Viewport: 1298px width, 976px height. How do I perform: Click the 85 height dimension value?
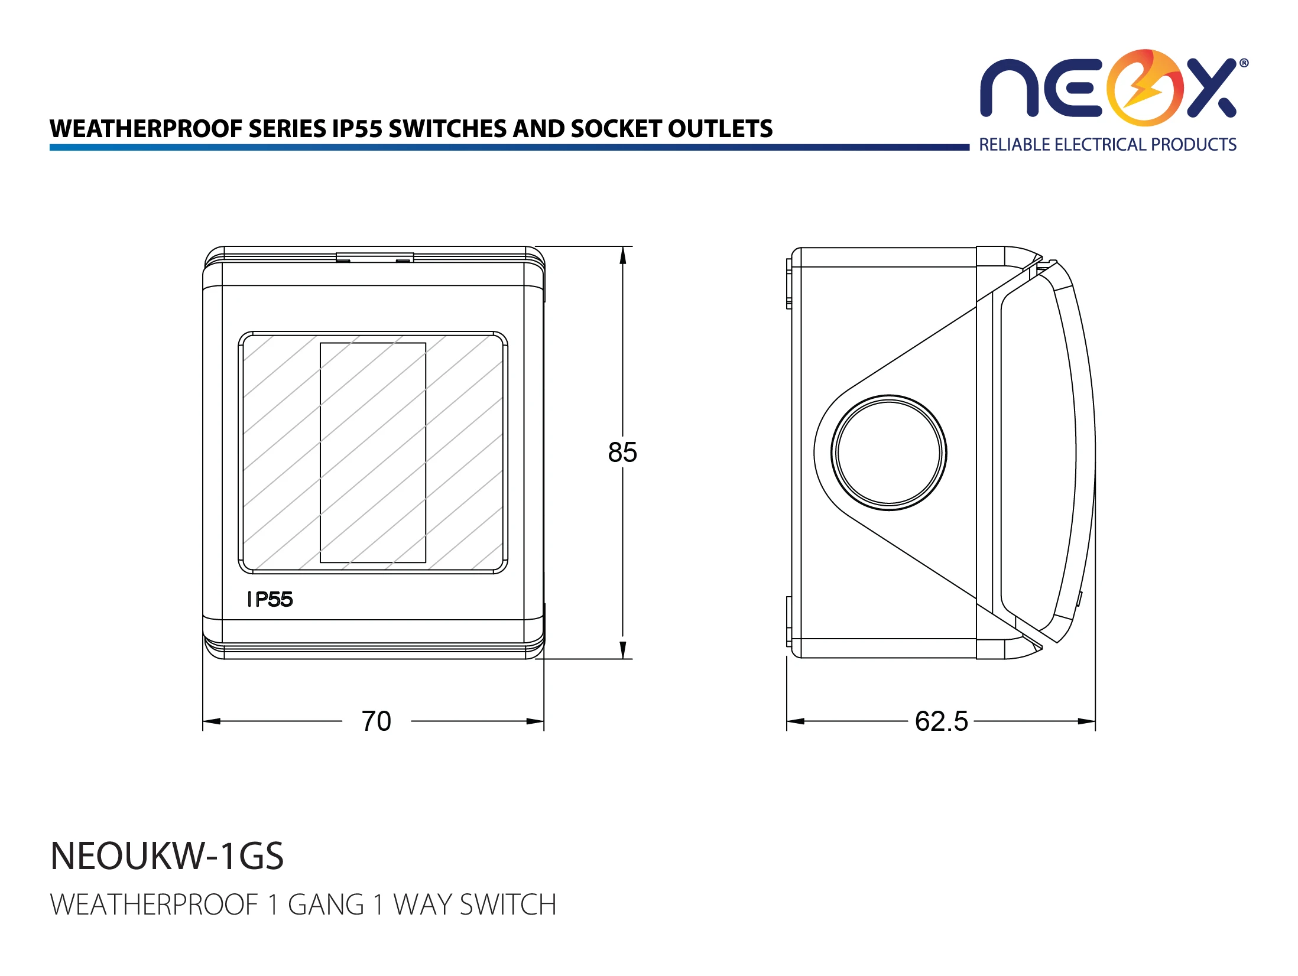tap(622, 453)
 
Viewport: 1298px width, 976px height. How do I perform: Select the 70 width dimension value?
tap(377, 721)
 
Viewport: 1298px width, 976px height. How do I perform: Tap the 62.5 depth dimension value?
tap(942, 721)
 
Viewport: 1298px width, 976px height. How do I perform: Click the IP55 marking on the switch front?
tap(270, 600)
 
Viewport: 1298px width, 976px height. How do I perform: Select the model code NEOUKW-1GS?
tap(167, 856)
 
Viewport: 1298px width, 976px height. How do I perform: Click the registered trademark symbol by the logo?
tap(1244, 63)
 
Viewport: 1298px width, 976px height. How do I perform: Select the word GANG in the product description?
tap(326, 905)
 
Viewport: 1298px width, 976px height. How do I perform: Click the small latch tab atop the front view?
tap(375, 257)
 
